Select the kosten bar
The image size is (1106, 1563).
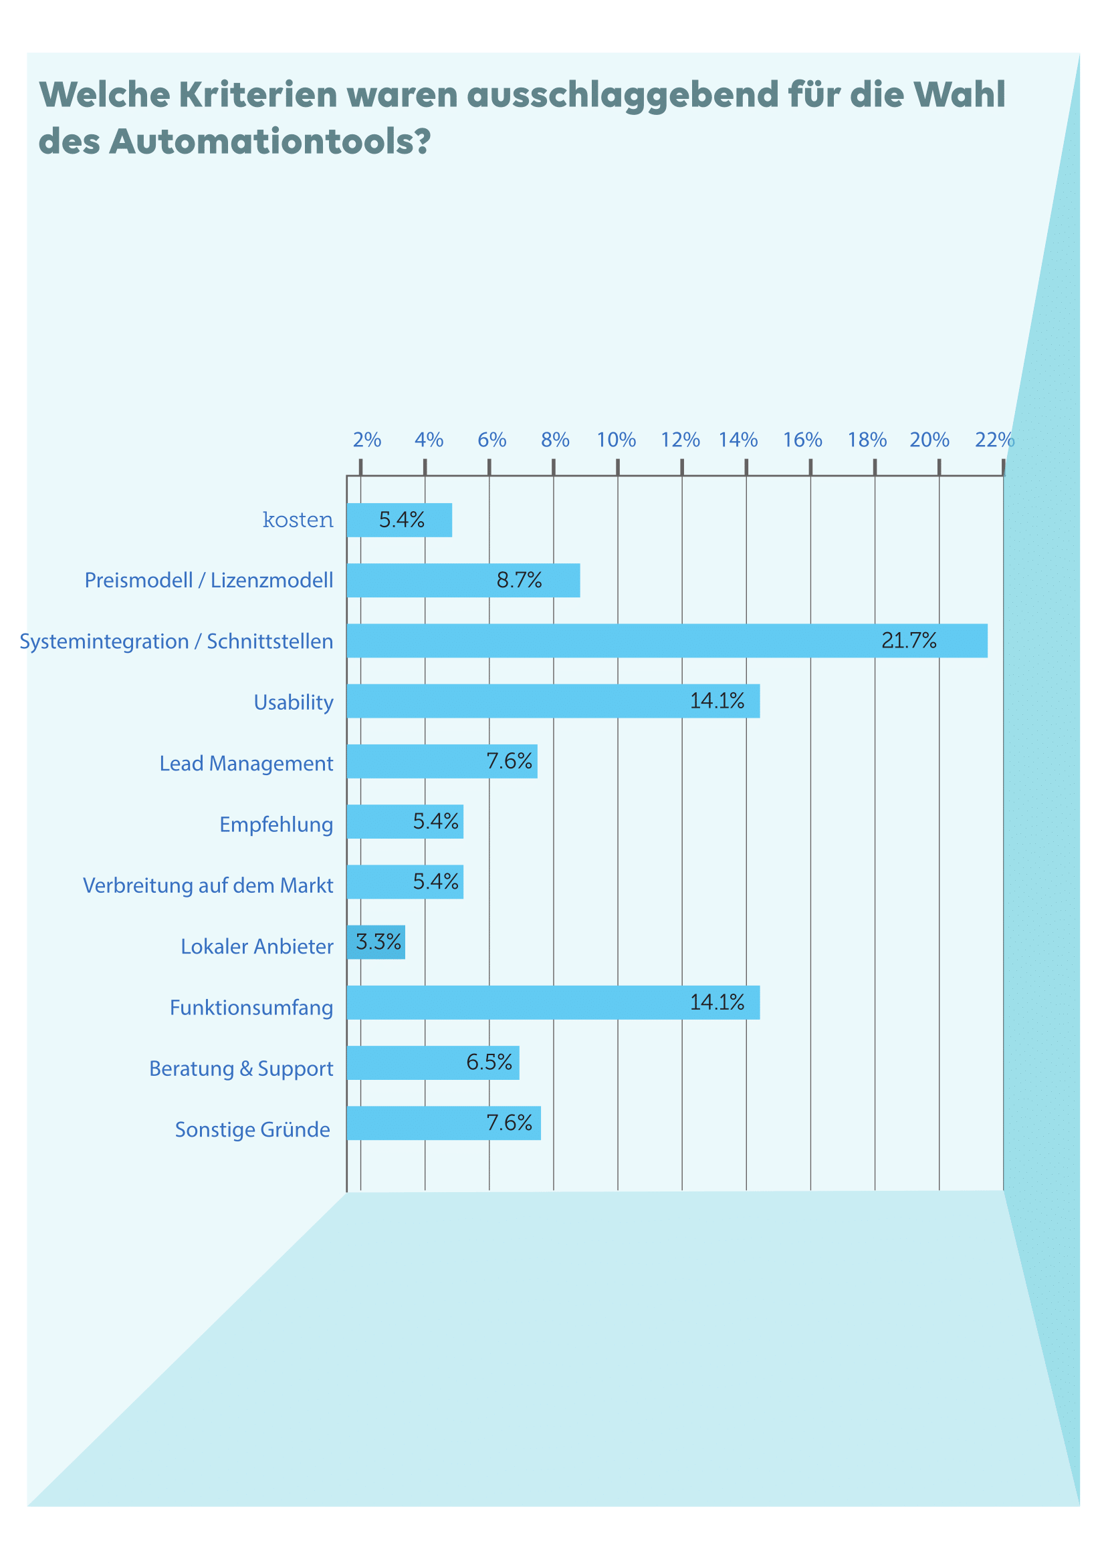[x=399, y=520]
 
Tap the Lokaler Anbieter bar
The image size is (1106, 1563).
[x=376, y=942]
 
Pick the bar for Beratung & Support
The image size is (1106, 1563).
[x=433, y=1062]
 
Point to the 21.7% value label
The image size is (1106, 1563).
[x=909, y=641]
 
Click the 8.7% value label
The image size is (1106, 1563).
[x=519, y=580]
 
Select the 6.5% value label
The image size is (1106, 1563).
[x=489, y=1062]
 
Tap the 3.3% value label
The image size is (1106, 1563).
[x=378, y=942]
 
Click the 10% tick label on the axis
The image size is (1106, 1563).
[x=617, y=440]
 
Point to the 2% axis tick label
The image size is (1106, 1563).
[x=366, y=440]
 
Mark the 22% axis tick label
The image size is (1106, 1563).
[x=994, y=440]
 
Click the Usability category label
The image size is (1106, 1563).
[x=294, y=702]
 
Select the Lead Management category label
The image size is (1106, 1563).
[x=246, y=763]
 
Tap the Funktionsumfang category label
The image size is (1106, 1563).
[x=251, y=1007]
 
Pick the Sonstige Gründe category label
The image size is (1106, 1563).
[x=252, y=1129]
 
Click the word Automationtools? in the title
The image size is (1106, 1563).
[x=269, y=142]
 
